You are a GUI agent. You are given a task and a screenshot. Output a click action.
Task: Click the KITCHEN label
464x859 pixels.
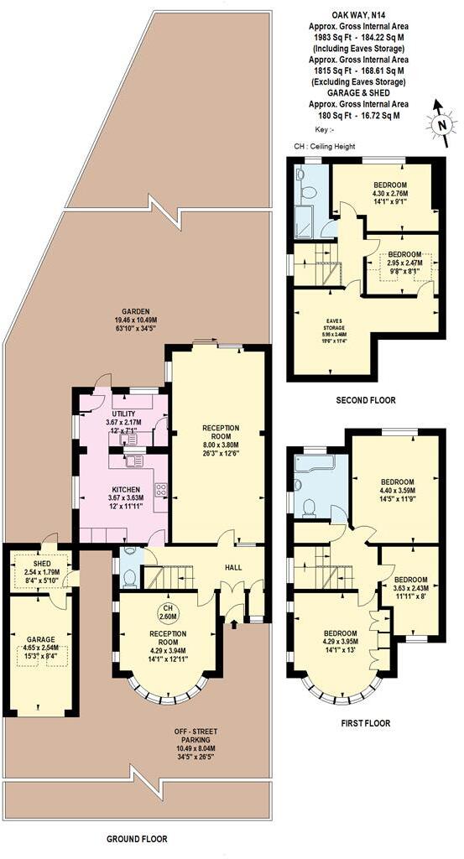[x=123, y=489]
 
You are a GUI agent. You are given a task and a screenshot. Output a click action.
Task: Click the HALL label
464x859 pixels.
[x=233, y=567]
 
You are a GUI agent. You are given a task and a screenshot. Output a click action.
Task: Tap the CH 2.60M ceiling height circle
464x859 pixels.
[x=167, y=612]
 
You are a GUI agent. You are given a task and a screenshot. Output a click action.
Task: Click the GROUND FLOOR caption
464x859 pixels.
[x=137, y=838]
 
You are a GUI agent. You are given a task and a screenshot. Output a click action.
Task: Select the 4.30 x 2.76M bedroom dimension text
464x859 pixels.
[x=385, y=195]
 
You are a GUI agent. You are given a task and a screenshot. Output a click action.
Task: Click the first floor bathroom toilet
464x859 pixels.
[x=308, y=507]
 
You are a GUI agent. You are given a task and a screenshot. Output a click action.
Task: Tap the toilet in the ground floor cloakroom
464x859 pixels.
[x=129, y=576]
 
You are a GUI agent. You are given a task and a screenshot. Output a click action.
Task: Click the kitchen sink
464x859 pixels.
[x=133, y=460]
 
